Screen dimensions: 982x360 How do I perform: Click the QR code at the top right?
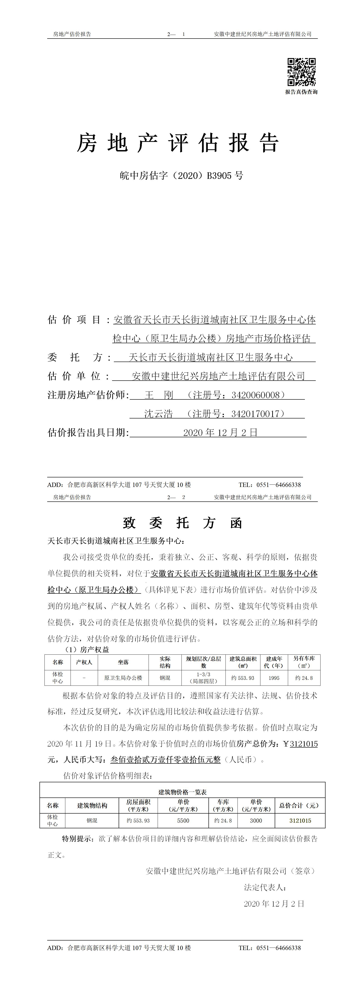tap(301, 72)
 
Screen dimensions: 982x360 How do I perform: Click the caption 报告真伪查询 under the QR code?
tap(301, 92)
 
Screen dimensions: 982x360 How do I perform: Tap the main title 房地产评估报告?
tap(178, 143)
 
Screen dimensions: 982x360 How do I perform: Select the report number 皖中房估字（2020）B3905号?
tap(181, 176)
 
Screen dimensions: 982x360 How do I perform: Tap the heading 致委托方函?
tap(182, 523)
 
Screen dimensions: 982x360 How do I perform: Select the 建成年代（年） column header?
tap(274, 662)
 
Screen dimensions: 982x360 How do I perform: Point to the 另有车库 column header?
tap(304, 662)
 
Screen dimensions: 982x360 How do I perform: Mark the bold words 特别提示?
tap(77, 839)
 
